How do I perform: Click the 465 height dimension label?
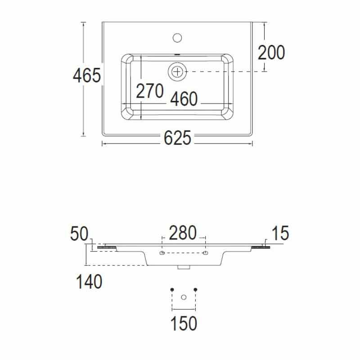pos(87,75)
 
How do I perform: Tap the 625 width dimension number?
pos(177,138)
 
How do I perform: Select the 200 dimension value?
pos(271,53)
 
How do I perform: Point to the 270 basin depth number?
pos(150,91)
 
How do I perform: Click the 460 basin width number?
pos(184,99)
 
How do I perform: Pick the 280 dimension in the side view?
pos(183,233)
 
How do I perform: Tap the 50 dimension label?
pos(79,234)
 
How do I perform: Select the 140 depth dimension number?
pos(89,282)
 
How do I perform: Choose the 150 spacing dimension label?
pos(184,323)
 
